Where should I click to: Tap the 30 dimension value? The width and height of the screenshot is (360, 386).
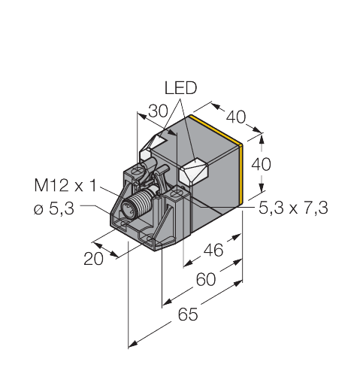156,111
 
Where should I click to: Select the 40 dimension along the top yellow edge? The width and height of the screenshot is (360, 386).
235,117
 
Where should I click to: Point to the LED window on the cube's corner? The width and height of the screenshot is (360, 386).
194,171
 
